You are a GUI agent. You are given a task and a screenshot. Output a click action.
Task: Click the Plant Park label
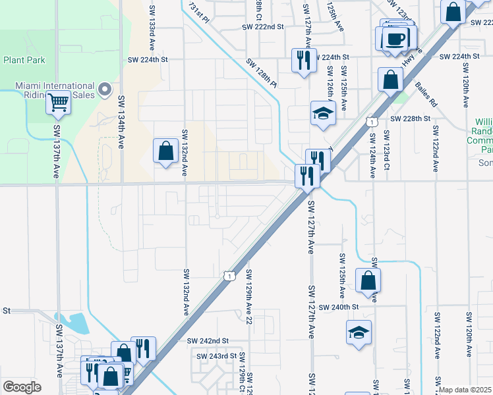(24, 59)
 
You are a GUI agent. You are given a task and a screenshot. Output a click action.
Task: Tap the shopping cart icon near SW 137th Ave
(59, 102)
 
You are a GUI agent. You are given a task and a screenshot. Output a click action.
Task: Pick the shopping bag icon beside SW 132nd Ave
(165, 151)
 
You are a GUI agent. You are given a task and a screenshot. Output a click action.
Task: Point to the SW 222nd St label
(262, 27)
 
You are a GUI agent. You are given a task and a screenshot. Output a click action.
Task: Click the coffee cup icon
(395, 38)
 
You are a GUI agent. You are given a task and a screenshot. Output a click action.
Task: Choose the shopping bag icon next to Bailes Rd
(391, 80)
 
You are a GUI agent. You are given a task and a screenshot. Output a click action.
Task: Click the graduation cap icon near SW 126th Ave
(323, 113)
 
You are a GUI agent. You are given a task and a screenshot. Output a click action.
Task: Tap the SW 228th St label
(410, 118)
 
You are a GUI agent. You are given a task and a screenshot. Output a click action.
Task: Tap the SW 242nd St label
(207, 340)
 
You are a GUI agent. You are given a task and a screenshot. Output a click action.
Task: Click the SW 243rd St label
(216, 356)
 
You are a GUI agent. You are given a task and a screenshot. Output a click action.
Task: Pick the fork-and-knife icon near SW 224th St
(304, 61)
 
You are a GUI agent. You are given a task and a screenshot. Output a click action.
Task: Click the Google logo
(22, 387)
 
